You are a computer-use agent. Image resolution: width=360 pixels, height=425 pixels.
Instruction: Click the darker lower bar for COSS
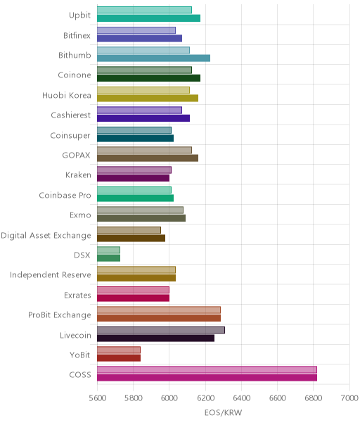[x=207, y=378]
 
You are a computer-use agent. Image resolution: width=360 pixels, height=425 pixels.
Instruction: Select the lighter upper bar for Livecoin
[x=161, y=330]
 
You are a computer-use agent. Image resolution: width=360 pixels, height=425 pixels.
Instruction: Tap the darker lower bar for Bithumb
[x=153, y=58]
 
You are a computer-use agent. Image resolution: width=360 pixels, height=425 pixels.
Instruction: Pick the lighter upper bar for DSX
[x=108, y=250]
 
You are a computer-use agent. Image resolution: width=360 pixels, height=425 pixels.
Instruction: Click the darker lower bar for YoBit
[x=119, y=357]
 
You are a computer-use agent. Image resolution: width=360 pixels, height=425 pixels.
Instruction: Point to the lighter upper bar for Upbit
[x=144, y=10]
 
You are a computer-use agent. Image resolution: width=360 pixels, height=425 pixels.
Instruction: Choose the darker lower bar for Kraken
[x=134, y=178]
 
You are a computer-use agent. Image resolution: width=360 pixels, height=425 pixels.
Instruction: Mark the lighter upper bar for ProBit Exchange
[x=159, y=310]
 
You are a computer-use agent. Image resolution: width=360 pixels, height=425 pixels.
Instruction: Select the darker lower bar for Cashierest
[x=143, y=118]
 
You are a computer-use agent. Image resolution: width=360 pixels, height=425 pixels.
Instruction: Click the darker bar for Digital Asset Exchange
[x=131, y=238]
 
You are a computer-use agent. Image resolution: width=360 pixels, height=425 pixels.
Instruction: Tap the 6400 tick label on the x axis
[x=241, y=398]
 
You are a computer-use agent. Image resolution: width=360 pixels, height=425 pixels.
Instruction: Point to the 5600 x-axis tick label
[x=97, y=398]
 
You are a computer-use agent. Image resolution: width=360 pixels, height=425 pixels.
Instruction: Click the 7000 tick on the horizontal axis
[x=349, y=398]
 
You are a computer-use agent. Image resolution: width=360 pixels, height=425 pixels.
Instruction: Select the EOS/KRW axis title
[x=223, y=413]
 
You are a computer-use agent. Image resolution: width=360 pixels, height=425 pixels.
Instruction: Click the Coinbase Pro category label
[x=65, y=195]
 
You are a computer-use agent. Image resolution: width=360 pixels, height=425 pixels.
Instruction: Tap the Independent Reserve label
[x=51, y=275]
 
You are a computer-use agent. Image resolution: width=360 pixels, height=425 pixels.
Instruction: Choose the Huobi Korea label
[x=67, y=95]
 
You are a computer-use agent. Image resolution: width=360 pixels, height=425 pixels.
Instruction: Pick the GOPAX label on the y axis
[x=76, y=156]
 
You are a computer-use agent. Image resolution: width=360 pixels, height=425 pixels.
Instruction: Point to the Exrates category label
[x=77, y=295]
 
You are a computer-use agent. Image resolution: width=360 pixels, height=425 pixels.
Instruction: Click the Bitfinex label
[x=77, y=35]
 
